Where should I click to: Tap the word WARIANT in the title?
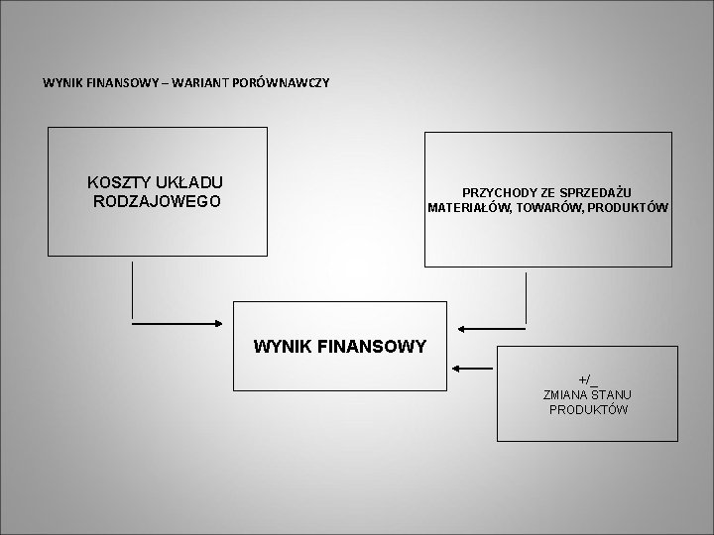click(199, 81)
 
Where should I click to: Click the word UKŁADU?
click(190, 182)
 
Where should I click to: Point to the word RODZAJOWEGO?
click(156, 201)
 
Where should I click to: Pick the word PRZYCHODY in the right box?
click(497, 192)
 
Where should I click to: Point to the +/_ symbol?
click(588, 379)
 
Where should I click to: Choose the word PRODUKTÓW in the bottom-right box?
click(588, 409)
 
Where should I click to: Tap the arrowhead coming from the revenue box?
click(463, 327)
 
